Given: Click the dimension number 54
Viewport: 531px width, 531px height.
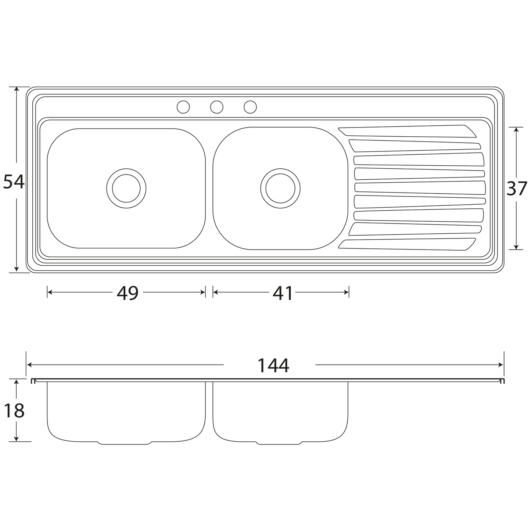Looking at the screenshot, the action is pyautogui.click(x=14, y=182).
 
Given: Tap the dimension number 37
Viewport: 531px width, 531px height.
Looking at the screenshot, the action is pyautogui.click(x=517, y=189).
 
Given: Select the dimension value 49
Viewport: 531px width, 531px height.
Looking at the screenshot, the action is pyautogui.click(x=128, y=293).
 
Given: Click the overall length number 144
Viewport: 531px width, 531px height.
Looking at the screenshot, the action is pyautogui.click(x=273, y=365).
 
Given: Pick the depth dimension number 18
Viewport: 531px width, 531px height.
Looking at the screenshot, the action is pyautogui.click(x=14, y=410).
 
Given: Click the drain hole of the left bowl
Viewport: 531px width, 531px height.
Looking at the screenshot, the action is pyautogui.click(x=126, y=189).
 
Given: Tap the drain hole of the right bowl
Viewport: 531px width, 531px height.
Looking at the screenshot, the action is pyautogui.click(x=280, y=189).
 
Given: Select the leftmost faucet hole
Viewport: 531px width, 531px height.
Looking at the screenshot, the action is pyautogui.click(x=183, y=107).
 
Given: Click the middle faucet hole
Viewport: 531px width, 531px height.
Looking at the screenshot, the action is pyautogui.click(x=216, y=107).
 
